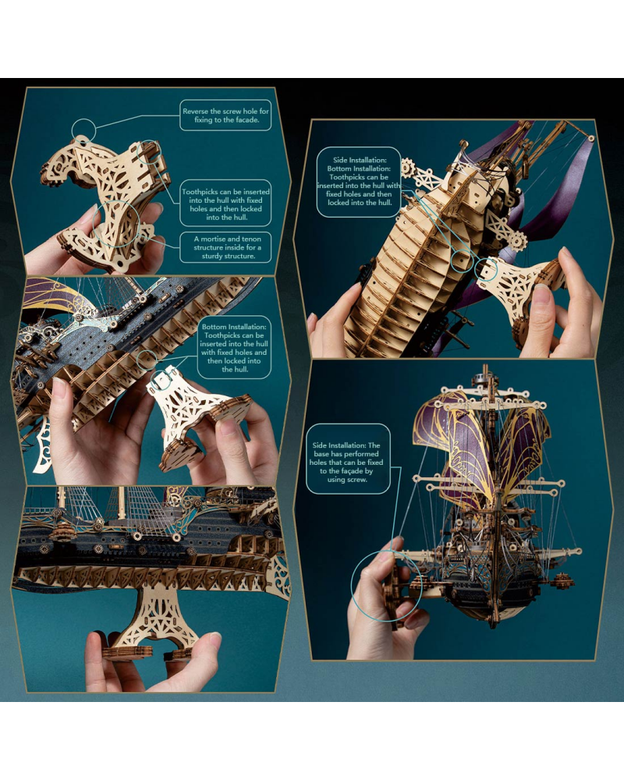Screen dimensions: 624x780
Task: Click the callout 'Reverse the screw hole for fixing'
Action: pos(225,115)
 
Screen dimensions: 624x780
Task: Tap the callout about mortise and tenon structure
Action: pos(225,247)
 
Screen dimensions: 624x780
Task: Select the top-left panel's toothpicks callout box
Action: pos(225,204)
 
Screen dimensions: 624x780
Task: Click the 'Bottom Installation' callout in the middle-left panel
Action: pos(234,348)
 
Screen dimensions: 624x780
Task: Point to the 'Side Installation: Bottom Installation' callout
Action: pos(359,182)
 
